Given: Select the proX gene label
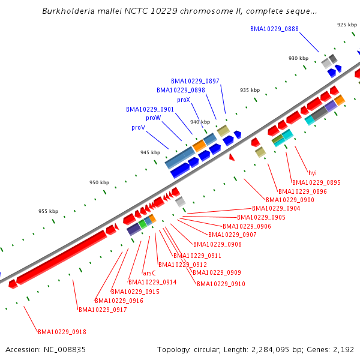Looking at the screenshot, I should click(x=184, y=100).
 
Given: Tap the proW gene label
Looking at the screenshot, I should click(x=153, y=118).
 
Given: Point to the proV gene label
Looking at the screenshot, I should click(x=138, y=128).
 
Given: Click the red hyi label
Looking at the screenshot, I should click(x=312, y=173).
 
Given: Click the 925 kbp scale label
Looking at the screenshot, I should click(x=347, y=25).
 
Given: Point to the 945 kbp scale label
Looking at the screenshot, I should click(x=151, y=153).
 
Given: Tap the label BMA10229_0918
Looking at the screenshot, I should click(x=62, y=332).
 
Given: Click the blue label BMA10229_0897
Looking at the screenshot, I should click(x=195, y=81).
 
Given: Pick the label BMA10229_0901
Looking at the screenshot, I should click(x=150, y=110).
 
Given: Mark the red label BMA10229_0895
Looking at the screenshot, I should click(x=316, y=182).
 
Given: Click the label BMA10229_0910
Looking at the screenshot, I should click(x=221, y=284).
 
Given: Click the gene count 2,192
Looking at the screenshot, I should click(x=345, y=349).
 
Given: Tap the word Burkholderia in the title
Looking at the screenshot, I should click(x=69, y=11).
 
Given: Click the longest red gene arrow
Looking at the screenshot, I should click(x=60, y=258).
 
